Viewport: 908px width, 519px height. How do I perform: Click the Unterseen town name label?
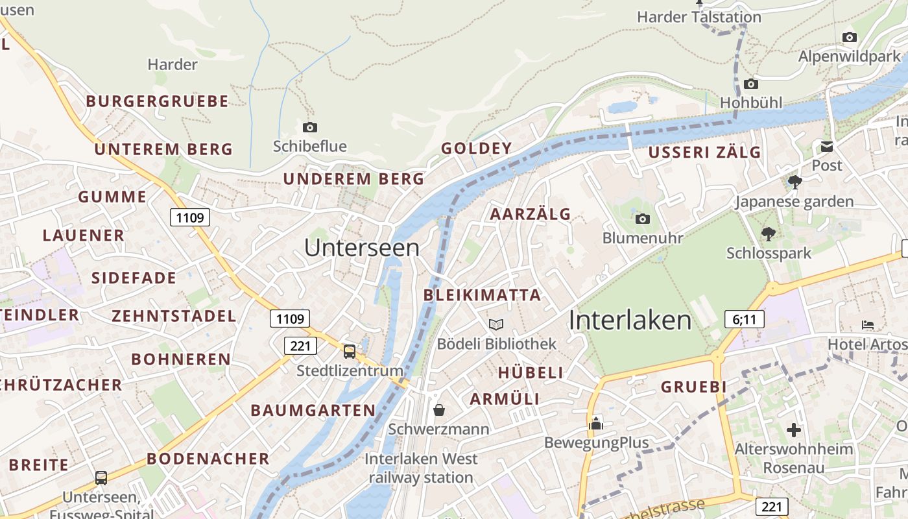[362, 247]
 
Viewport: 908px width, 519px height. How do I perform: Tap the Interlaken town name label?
[630, 320]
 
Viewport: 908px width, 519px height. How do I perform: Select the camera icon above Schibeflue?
[310, 127]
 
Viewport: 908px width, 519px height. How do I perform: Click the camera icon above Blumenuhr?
[643, 219]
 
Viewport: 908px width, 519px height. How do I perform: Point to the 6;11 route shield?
[744, 319]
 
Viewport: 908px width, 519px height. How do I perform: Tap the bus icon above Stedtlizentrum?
[350, 352]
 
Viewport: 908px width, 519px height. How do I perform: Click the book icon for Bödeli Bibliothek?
[496, 324]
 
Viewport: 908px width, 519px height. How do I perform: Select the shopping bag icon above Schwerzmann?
[439, 410]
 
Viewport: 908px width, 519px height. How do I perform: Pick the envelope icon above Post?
[827, 147]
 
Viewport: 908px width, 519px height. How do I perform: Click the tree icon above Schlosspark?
[769, 234]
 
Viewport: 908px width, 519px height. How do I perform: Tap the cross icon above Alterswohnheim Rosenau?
[794, 429]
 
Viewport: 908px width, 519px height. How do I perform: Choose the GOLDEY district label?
[477, 149]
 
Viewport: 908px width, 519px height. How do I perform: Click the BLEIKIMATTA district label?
[482, 295]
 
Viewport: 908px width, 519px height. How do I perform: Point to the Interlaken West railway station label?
[421, 468]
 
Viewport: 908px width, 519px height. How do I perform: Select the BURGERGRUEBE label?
[157, 101]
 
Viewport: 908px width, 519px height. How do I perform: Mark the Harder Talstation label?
[699, 17]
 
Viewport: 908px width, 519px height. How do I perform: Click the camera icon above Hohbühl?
[751, 84]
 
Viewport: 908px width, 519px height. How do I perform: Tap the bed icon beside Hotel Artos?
[868, 324]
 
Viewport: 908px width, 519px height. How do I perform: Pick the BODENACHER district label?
[208, 459]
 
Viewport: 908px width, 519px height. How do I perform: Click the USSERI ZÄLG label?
[705, 152]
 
